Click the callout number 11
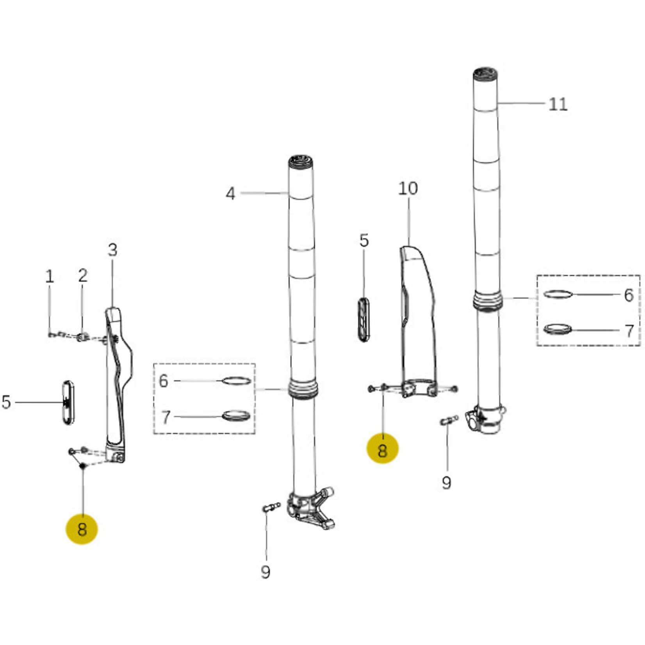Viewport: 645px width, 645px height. click(558, 104)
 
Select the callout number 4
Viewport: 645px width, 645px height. click(230, 193)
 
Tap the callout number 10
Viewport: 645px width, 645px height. click(408, 189)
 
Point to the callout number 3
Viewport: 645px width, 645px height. click(112, 250)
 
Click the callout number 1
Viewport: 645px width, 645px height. click(49, 276)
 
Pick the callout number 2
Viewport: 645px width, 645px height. click(83, 276)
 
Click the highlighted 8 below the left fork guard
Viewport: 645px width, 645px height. click(82, 530)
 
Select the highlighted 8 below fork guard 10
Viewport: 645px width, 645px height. click(382, 450)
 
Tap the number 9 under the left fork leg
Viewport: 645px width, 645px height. click(265, 572)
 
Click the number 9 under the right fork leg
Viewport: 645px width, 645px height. click(446, 483)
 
